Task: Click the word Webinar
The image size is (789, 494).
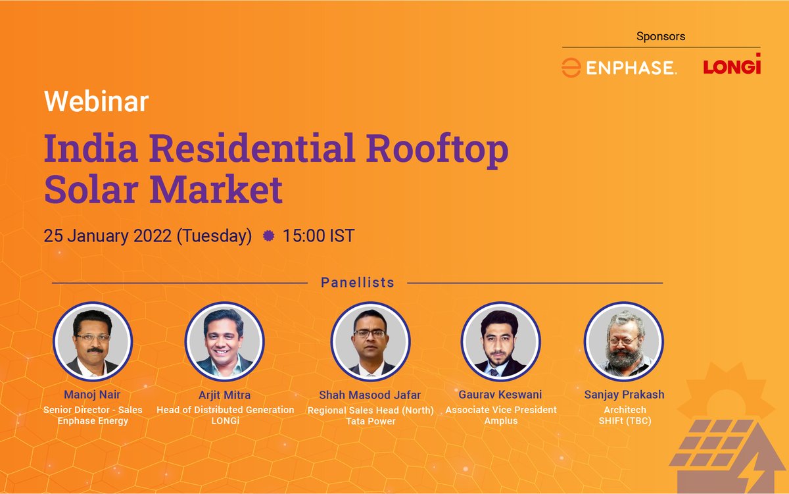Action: [96, 102]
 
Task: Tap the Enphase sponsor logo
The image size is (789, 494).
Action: [619, 67]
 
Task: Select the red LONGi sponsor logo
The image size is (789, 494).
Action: [731, 66]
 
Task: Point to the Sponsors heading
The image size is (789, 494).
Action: [661, 36]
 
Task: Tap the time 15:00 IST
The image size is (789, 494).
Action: [318, 235]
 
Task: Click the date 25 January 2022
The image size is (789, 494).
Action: [108, 235]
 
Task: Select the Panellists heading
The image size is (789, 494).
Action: [357, 283]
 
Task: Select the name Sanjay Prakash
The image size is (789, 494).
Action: [624, 395]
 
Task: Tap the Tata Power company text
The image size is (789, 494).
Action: [370, 421]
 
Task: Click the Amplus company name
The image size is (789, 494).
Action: [500, 420]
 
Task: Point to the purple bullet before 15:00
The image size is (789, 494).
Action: [268, 235]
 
